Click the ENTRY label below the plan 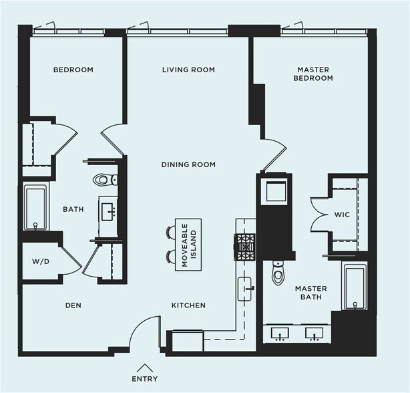click(145, 378)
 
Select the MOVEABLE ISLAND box click(188, 245)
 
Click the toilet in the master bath click(277, 273)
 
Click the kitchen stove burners click(244, 247)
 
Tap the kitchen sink click(244, 289)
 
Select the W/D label click(41, 261)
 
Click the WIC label click(342, 215)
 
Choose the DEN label click(73, 305)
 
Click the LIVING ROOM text click(188, 70)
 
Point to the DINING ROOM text click(188, 164)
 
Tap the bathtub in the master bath click(355, 287)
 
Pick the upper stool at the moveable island click(171, 232)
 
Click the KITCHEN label click(188, 305)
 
